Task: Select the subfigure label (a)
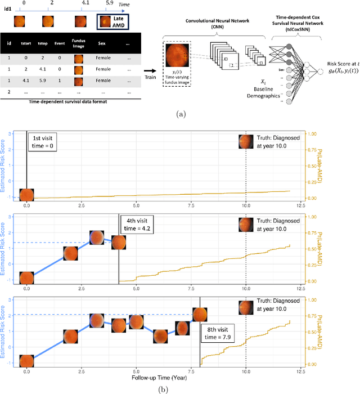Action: [180, 113]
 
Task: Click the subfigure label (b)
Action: [180, 389]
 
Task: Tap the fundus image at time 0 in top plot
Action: [27, 195]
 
